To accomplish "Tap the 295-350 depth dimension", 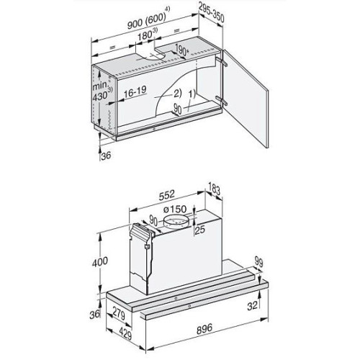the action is (x=212, y=14).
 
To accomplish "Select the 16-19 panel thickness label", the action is (x=135, y=91).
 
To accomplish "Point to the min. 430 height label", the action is (x=102, y=91).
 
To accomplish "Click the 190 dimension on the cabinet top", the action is (x=181, y=50).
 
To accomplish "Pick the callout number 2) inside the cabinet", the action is (x=177, y=94).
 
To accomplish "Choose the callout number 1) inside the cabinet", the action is (x=192, y=94).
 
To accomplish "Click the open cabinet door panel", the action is (x=246, y=99).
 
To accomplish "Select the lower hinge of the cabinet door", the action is (x=221, y=100).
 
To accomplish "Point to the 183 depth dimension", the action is (x=214, y=189).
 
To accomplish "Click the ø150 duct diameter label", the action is (x=175, y=210).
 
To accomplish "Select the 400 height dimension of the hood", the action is (x=100, y=261).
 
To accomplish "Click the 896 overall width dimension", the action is (x=204, y=329).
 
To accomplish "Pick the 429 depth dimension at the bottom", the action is (x=125, y=333).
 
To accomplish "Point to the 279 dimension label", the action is (x=118, y=315).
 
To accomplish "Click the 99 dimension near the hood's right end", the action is (x=258, y=262).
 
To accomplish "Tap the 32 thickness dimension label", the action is (x=252, y=305).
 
